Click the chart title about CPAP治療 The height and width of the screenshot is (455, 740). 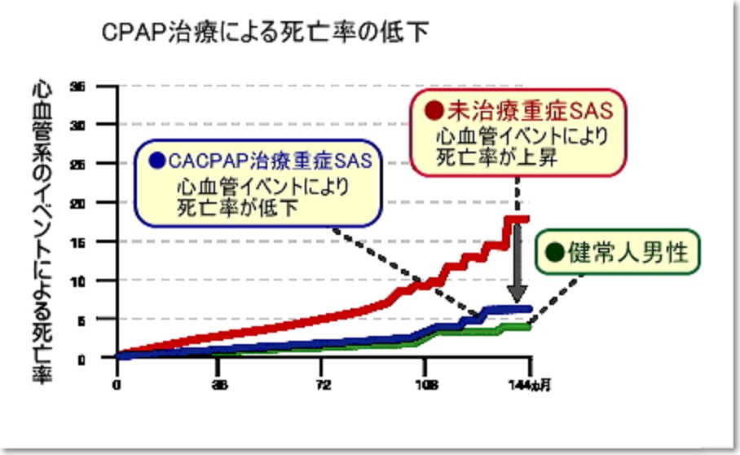(x=266, y=32)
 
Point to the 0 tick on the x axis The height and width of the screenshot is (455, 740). (x=117, y=384)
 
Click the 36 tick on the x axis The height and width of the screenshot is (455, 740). (x=219, y=384)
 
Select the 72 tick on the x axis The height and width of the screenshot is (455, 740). (x=323, y=384)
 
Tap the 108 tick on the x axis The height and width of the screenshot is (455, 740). (x=425, y=384)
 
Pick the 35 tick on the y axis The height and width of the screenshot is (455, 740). (x=78, y=86)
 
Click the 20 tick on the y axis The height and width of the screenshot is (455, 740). (x=78, y=202)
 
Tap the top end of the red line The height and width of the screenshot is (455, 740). (x=522, y=219)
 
